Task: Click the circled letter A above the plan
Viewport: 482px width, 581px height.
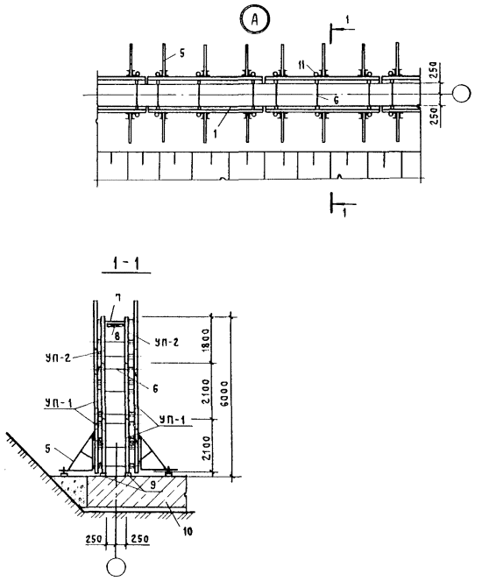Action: click(254, 19)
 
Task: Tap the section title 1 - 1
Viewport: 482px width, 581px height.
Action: click(126, 264)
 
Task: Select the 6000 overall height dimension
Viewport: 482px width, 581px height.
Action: click(224, 393)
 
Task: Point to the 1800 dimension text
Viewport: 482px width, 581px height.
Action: click(206, 339)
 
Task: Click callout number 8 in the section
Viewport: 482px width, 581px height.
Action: click(117, 337)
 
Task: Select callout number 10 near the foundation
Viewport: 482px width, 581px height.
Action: click(188, 532)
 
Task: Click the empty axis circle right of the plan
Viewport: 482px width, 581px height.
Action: click(461, 94)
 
